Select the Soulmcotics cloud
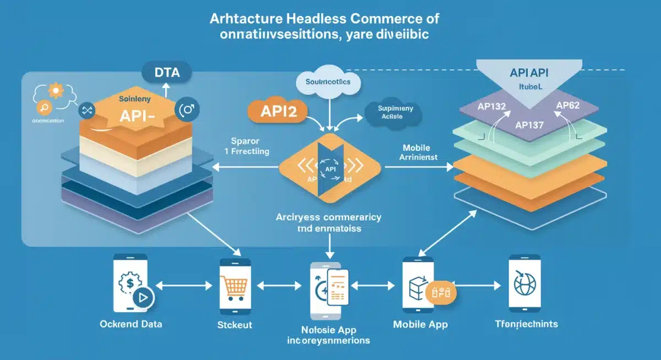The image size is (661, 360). pyautogui.click(x=327, y=83)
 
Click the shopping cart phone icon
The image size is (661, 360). pyautogui.click(x=235, y=285)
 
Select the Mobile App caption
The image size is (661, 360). pyautogui.click(x=420, y=324)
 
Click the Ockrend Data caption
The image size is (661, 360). pyautogui.click(x=131, y=324)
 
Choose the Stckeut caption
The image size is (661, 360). pyautogui.click(x=235, y=325)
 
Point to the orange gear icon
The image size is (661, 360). pyautogui.click(x=55, y=90)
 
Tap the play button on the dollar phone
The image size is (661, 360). pyautogui.click(x=143, y=298)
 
